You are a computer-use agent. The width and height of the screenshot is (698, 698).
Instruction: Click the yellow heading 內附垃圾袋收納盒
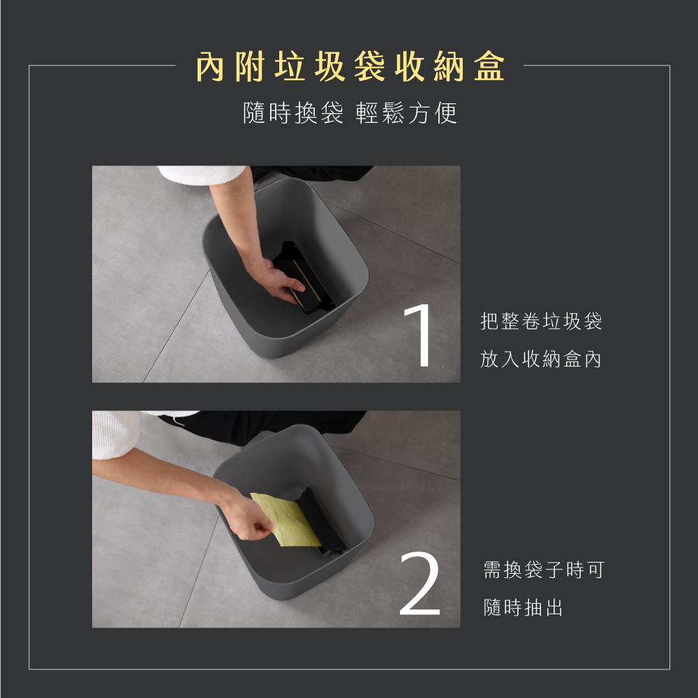point(350,67)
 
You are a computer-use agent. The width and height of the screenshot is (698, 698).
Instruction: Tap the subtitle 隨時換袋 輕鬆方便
point(350,112)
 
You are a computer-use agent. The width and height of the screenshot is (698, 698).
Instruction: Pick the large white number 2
point(419,583)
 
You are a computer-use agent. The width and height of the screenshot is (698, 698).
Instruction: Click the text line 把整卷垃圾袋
point(541,321)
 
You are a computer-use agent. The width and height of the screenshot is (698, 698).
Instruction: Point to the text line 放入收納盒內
point(541,359)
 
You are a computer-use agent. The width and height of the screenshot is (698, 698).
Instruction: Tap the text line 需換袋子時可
point(544,570)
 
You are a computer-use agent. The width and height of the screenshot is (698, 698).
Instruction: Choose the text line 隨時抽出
point(523,607)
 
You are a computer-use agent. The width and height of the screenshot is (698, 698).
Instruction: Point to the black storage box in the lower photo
point(322,521)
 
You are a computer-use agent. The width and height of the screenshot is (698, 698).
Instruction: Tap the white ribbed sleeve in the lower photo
point(117,434)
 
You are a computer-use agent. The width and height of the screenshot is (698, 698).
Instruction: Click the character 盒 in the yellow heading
point(489,67)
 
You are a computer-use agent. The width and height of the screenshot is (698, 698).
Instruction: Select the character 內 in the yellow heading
point(210,67)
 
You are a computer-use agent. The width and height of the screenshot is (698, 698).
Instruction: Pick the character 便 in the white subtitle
point(446,112)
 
